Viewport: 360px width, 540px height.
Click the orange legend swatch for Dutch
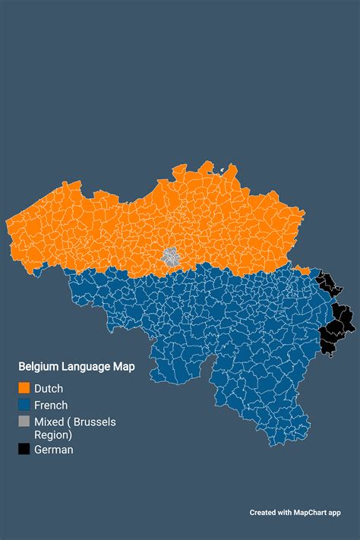click(24, 388)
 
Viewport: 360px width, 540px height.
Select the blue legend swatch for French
click(24, 405)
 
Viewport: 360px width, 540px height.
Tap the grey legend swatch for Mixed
click(24, 422)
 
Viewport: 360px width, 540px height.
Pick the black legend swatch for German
click(24, 450)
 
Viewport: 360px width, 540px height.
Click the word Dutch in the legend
click(49, 389)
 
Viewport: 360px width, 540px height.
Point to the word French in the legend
click(51, 406)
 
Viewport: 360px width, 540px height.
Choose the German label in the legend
click(54, 450)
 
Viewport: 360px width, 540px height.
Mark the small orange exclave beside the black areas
click(303, 270)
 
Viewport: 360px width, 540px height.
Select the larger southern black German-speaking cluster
click(333, 327)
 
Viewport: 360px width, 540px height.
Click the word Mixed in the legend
click(49, 422)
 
